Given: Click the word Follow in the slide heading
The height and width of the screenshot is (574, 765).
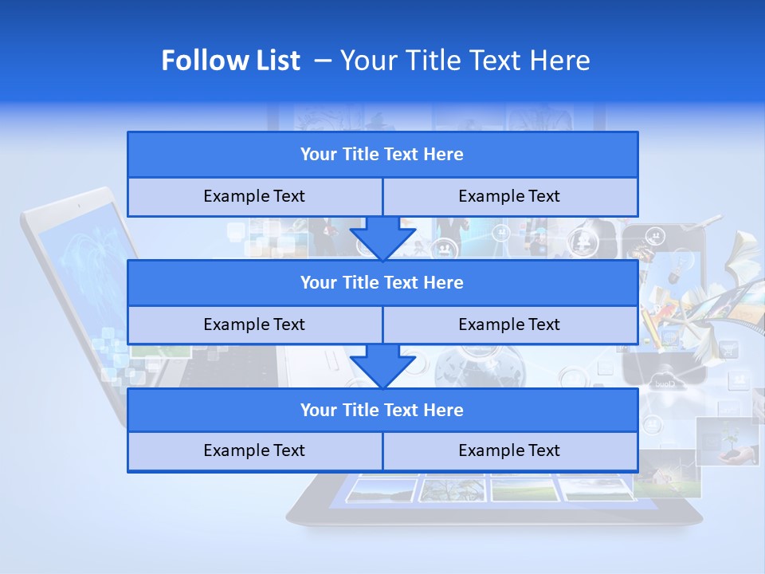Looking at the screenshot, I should pos(196,61).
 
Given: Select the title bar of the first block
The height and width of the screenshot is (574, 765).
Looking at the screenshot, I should pos(382,155).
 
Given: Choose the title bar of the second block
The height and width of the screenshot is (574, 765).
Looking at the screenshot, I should pos(382,282).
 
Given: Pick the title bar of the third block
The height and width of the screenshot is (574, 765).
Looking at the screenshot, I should pos(382,410).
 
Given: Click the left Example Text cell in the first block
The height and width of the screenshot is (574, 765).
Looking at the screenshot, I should pos(254,196).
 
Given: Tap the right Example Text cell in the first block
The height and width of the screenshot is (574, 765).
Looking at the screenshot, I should pos(509,196).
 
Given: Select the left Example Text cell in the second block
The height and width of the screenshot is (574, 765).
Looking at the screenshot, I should pos(254,324).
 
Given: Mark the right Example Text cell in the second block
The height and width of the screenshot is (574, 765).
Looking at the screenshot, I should pos(509,324).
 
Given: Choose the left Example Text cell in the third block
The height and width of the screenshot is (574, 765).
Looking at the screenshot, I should pos(254,450).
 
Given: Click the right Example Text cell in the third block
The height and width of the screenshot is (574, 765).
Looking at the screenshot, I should pos(509,450).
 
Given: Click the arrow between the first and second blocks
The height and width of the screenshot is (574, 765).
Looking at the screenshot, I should pos(382,239).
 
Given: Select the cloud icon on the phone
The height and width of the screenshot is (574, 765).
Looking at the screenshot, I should pos(663,381).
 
